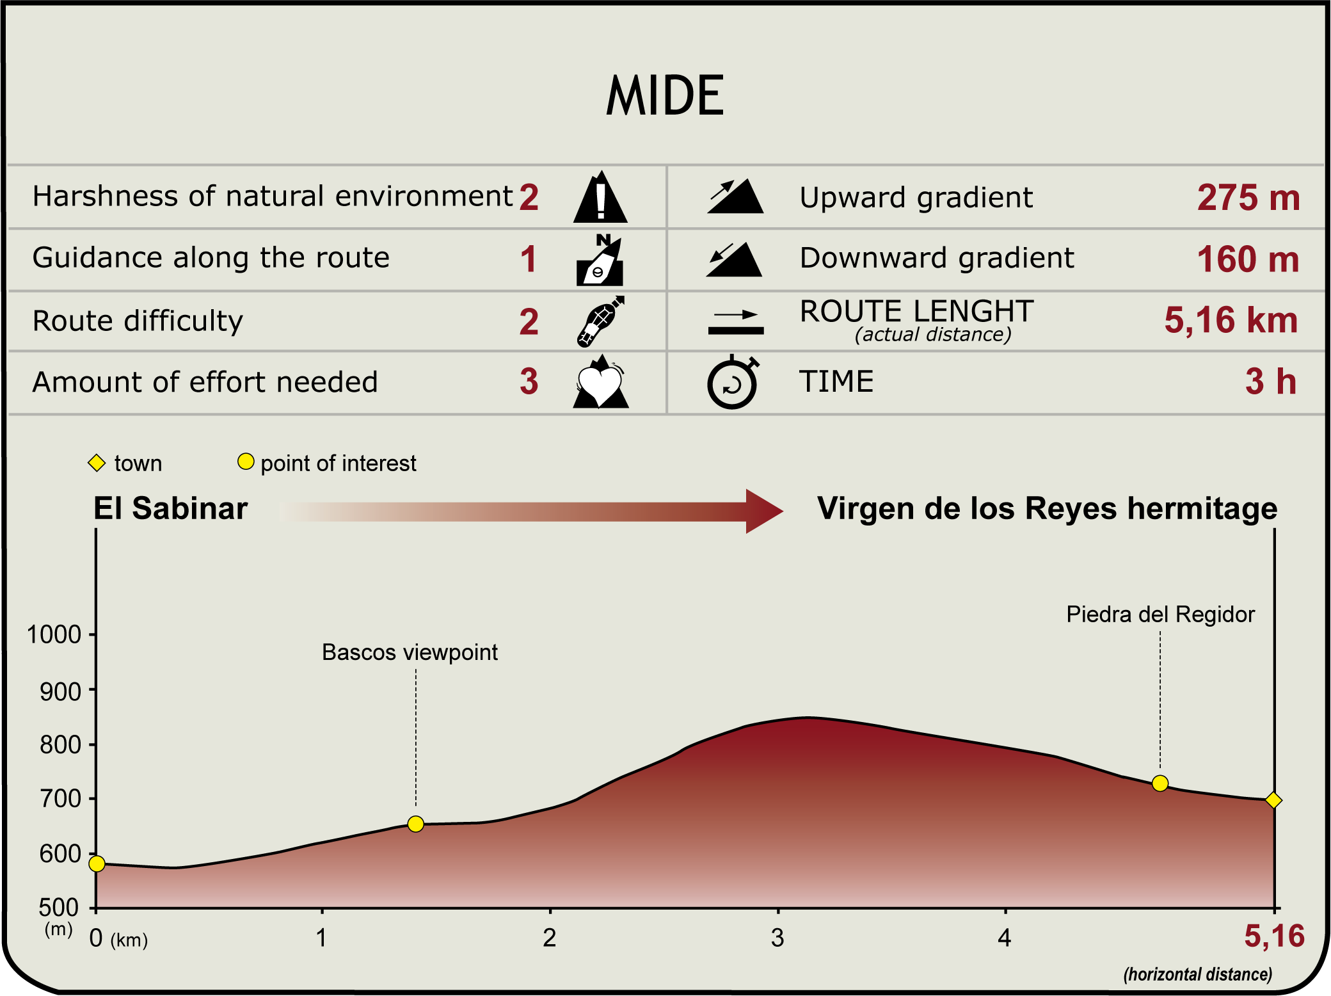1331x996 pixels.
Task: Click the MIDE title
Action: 665,95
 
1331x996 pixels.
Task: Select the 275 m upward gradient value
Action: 1248,197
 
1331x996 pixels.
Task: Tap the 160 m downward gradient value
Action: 1248,259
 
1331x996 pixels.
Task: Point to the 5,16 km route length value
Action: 1231,320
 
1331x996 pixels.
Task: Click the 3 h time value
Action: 1271,382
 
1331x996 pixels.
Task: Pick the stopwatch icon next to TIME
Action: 733,382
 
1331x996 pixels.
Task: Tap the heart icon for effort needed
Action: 601,382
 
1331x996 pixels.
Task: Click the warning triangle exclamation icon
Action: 600,197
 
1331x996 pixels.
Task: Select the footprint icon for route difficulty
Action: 600,321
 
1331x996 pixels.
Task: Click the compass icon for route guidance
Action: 600,260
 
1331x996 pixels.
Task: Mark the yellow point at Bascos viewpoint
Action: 416,824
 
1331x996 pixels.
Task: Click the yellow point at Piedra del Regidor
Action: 1160,783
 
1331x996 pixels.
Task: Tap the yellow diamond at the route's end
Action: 1273,800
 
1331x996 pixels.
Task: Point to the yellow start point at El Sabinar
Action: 97,864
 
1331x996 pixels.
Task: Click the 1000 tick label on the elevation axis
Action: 54,635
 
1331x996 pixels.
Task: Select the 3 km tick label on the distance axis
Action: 777,938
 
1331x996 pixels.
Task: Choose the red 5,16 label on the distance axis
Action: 1274,936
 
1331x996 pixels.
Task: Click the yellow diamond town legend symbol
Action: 97,463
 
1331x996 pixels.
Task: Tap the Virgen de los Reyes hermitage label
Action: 1047,509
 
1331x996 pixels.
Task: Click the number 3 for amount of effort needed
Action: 529,382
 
